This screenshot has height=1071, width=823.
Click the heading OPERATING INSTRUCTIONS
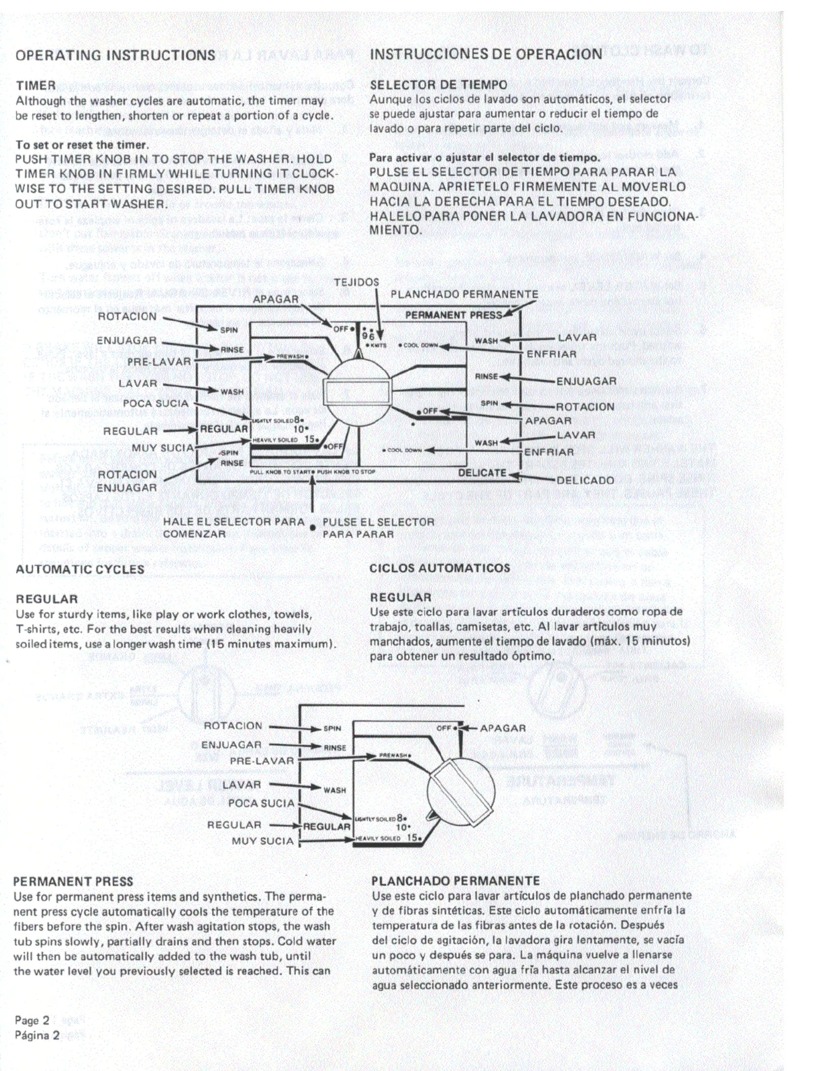point(116,55)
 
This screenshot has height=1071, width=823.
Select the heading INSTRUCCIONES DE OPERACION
point(486,54)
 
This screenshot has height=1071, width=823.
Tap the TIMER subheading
point(36,85)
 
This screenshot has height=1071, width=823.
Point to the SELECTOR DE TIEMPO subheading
point(438,85)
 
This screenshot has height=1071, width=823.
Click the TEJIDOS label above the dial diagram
point(356,283)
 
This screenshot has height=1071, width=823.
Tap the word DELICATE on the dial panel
point(482,473)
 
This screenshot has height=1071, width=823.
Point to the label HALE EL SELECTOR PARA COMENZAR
point(233,528)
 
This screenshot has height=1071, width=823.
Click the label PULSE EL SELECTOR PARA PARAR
point(378,528)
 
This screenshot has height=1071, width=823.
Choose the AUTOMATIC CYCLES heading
point(80,569)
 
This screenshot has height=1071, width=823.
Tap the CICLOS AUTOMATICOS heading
point(439,568)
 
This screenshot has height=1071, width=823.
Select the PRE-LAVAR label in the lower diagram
point(262,761)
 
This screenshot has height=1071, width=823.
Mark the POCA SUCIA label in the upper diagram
point(155,403)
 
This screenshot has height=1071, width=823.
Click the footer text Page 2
point(32,1020)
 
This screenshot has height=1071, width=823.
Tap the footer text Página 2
point(37,1035)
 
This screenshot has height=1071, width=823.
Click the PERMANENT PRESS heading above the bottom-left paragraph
point(73,881)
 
